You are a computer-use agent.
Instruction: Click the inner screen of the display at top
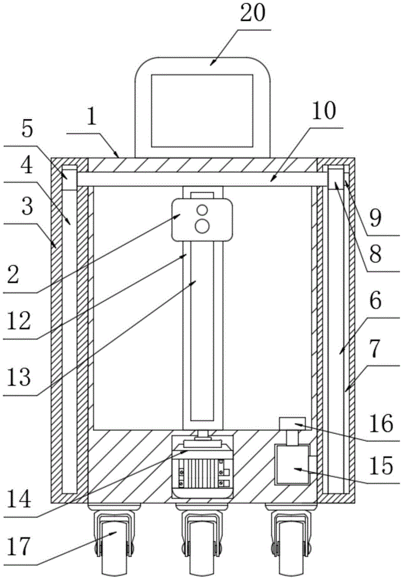tap(202, 110)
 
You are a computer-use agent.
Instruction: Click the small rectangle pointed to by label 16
tap(292, 423)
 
